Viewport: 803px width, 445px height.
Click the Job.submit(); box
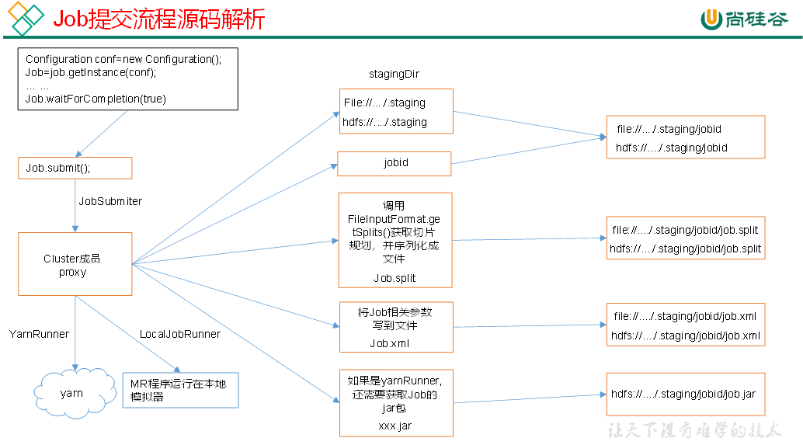pos(75,168)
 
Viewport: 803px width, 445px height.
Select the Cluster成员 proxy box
pos(75,265)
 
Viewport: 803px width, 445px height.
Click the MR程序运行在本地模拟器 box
pos(179,391)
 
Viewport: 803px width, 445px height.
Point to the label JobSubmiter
pos(110,201)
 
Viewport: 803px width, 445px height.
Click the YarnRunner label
pos(40,334)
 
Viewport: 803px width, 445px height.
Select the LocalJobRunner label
pos(180,334)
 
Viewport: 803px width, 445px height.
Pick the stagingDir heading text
pos(395,74)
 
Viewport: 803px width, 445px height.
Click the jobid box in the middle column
pos(395,163)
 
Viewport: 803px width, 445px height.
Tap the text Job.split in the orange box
pos(395,277)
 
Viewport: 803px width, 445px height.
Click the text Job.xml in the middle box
pos(390,342)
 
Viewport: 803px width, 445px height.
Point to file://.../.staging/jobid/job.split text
pos(685,230)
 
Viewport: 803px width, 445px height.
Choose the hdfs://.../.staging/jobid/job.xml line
pos(686,335)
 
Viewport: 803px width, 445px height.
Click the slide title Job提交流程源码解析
pos(159,19)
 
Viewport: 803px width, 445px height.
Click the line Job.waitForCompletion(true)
pos(96,99)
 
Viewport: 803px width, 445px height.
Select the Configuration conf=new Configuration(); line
pos(123,59)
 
